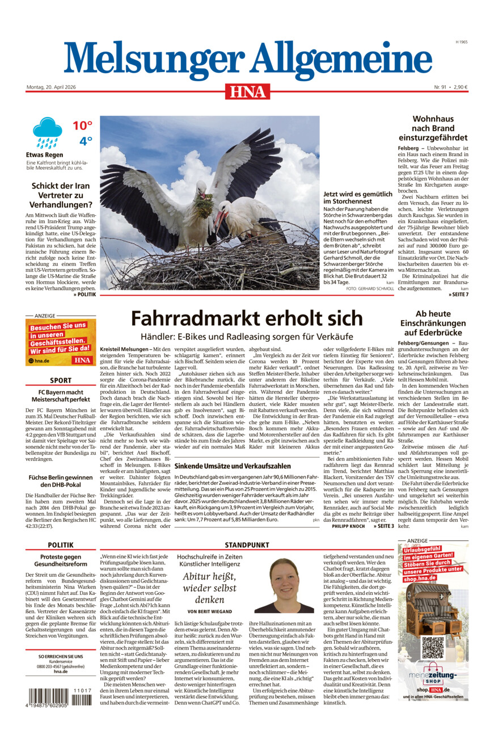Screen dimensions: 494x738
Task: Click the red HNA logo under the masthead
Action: coord(247,91)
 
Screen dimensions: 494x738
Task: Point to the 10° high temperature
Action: coord(82,125)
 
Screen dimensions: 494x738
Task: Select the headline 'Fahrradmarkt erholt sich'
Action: coord(247,317)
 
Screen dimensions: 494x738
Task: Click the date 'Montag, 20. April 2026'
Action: coord(54,87)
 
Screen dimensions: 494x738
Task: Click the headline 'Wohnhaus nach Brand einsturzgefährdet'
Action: coord(433,128)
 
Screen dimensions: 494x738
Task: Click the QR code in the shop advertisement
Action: coord(433,648)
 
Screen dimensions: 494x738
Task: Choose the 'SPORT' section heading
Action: coord(61,380)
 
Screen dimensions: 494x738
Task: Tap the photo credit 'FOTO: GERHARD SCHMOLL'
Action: coord(369,290)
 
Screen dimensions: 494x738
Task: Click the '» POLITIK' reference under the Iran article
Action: coord(85,295)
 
